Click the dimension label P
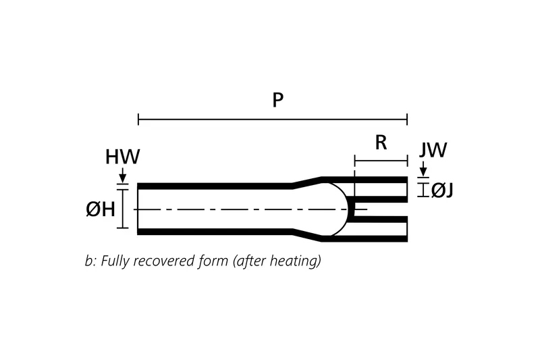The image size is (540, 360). point(277,101)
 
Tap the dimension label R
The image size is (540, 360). point(381,143)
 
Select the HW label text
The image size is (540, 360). point(122,157)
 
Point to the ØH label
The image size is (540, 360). point(100,209)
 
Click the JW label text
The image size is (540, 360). point(433,150)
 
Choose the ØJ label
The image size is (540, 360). point(442,190)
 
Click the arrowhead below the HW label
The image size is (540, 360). point(122,177)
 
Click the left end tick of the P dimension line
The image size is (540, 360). point(138,120)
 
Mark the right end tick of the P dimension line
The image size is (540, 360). point(407,120)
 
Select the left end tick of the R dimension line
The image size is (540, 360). point(354,161)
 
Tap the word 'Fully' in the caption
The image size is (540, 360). point(115,261)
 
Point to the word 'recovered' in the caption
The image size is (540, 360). point(162,261)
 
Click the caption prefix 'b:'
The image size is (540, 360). point(90,261)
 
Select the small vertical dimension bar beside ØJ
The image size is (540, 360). point(423,190)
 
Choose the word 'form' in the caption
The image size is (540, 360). point(213,261)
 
